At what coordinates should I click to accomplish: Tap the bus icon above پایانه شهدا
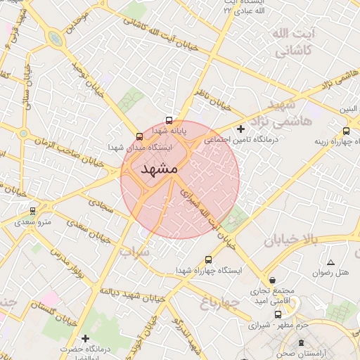pyautogui.click(x=169, y=120)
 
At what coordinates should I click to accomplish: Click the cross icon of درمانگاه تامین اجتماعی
pyautogui.click(x=241, y=129)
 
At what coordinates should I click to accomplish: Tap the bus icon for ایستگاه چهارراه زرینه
pyautogui.click(x=346, y=131)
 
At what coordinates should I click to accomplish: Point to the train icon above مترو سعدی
pyautogui.click(x=32, y=211)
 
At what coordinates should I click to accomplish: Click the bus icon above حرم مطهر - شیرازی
pyautogui.click(x=278, y=314)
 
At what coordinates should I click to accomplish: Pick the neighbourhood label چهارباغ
pyautogui.click(x=220, y=303)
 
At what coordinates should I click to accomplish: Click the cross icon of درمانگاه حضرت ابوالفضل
pyautogui.click(x=86, y=339)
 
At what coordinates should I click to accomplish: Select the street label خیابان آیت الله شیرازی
pyautogui.click(x=207, y=214)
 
